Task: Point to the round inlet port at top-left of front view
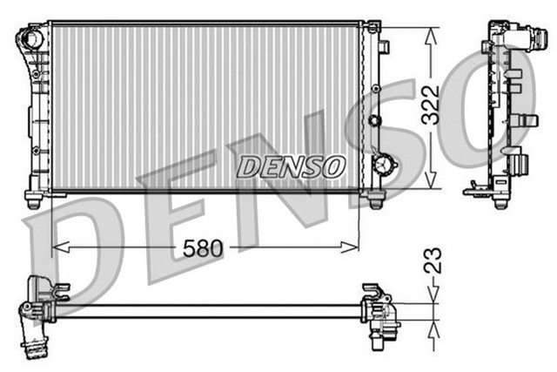pyautogui.click(x=31, y=39)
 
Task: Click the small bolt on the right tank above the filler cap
pyautogui.click(x=375, y=119)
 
